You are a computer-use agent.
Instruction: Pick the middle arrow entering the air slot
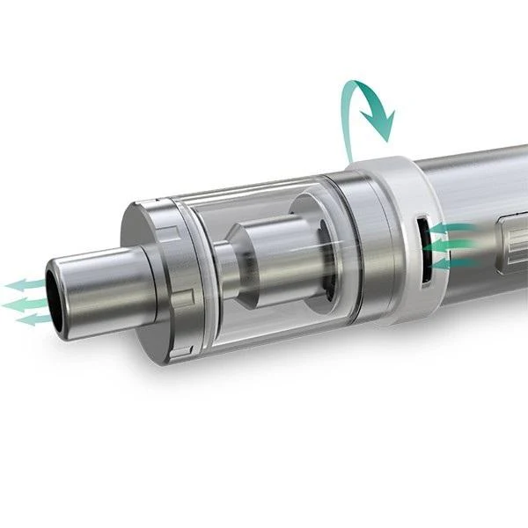tap(452, 246)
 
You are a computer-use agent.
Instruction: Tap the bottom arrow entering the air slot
tap(454, 262)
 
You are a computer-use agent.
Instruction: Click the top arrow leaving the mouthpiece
tap(25, 285)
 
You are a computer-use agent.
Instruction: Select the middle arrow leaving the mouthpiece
tap(22, 303)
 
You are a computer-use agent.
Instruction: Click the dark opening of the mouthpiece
tap(55, 299)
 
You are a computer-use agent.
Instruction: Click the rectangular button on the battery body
tap(512, 238)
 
